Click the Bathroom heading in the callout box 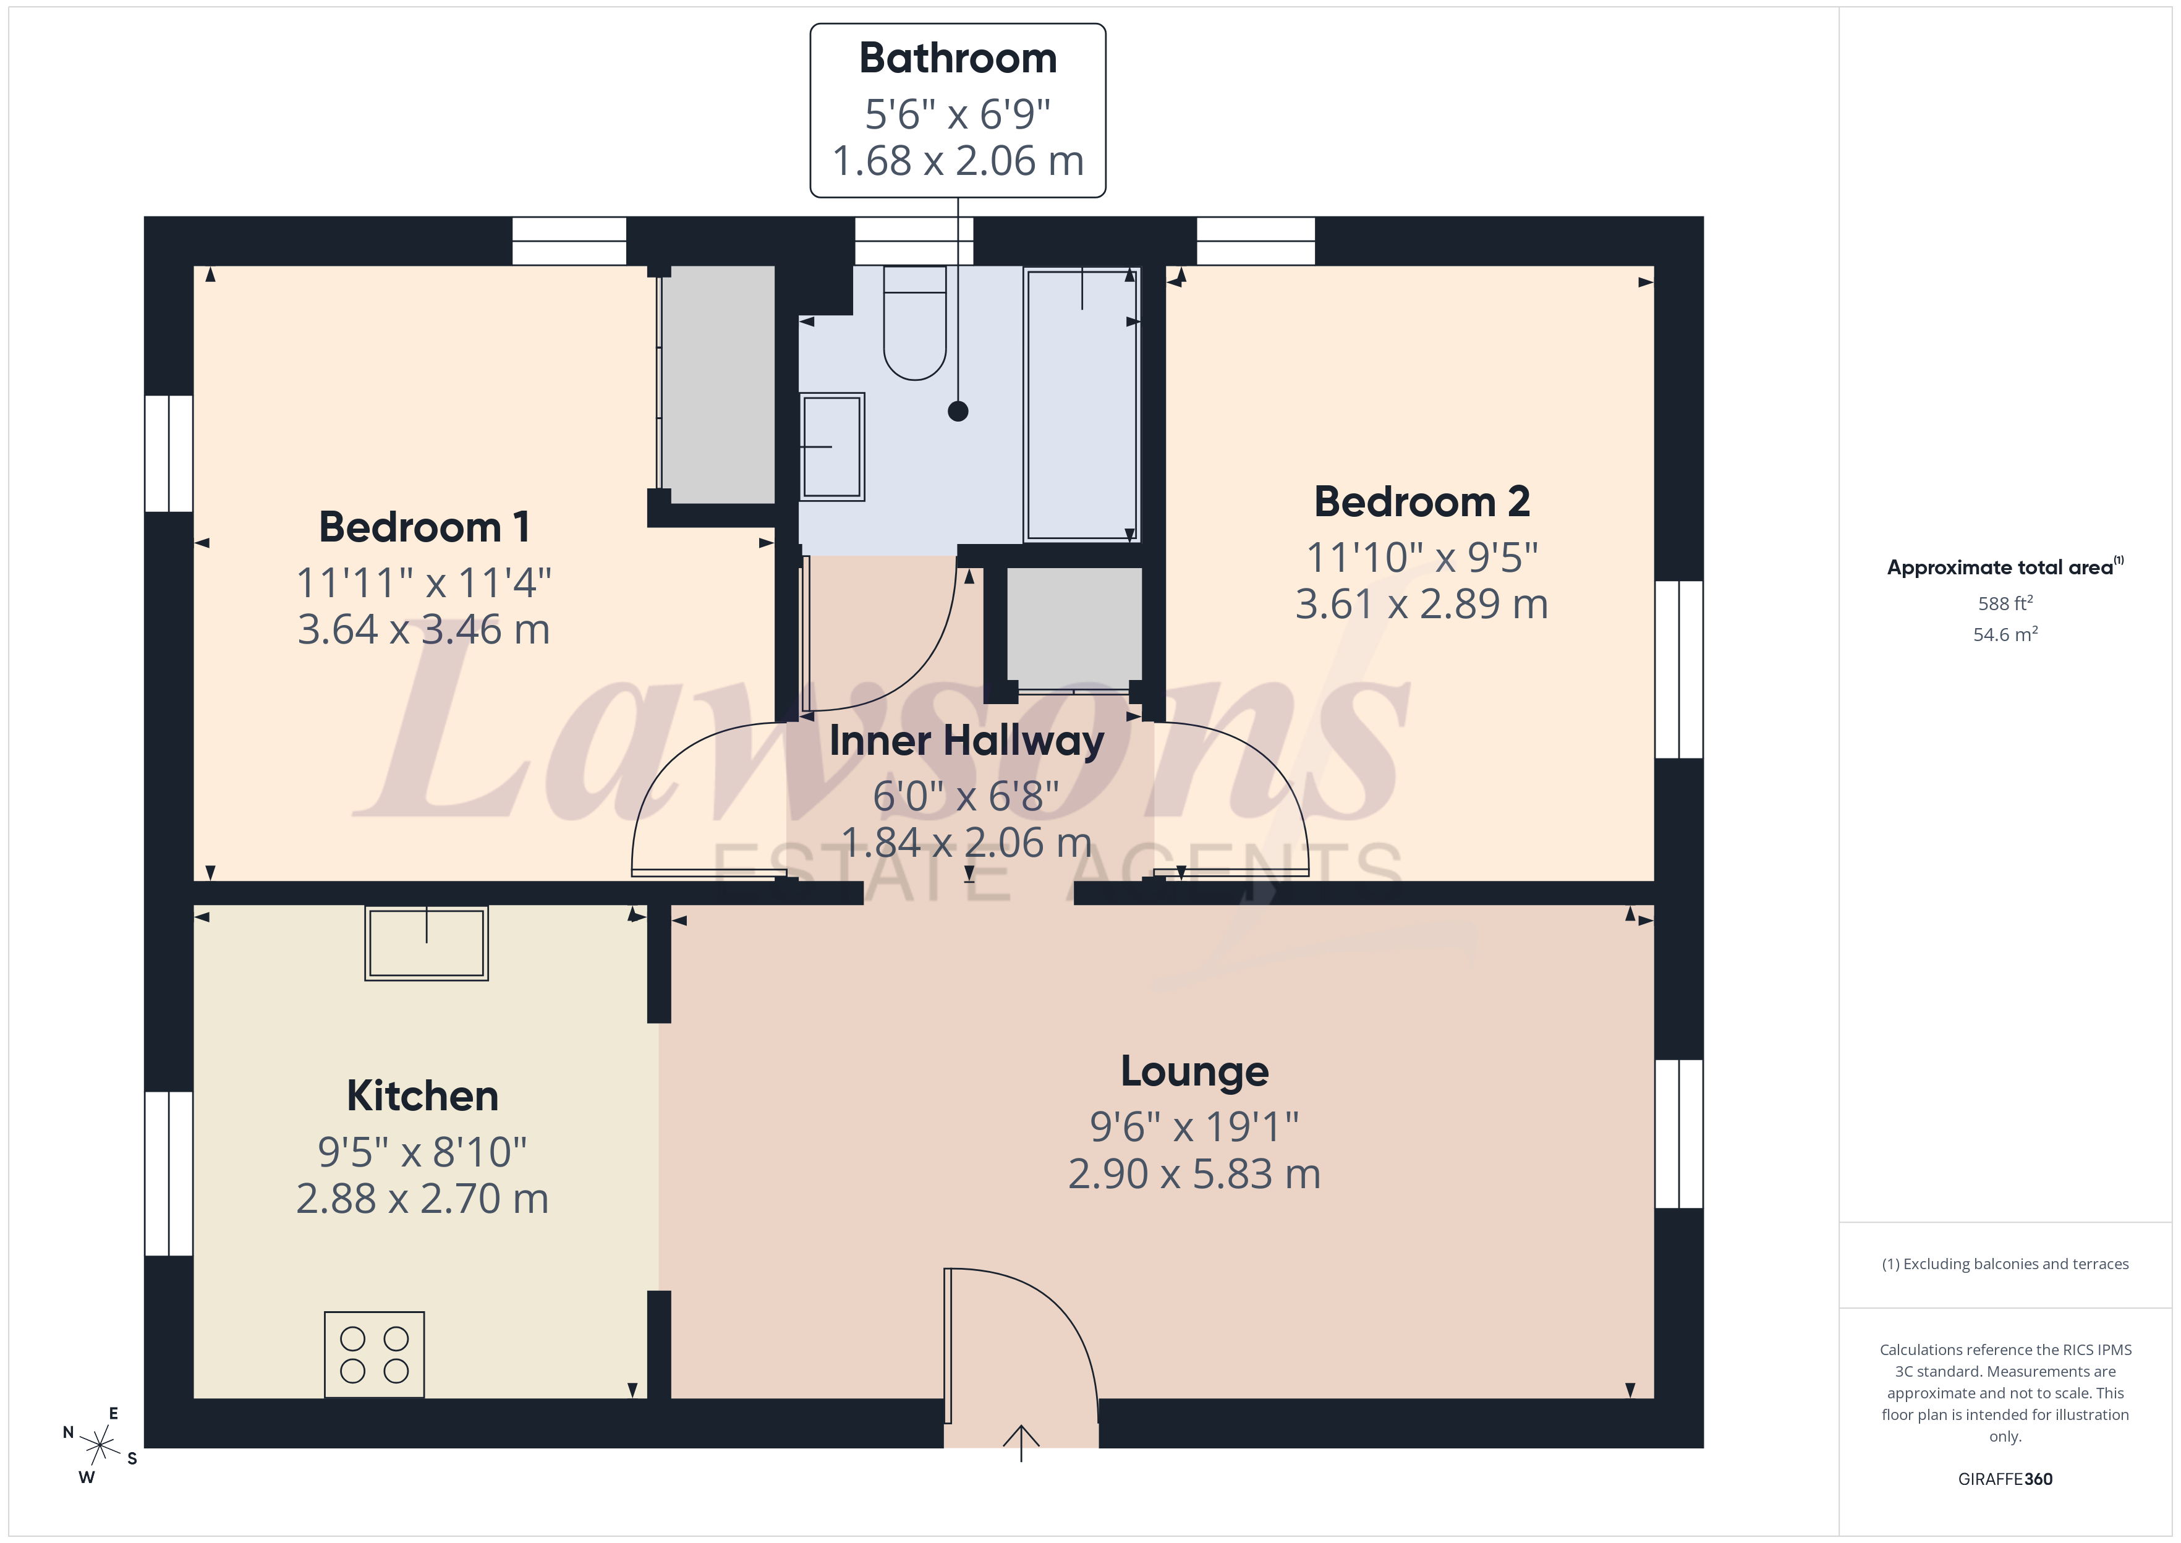[958, 59]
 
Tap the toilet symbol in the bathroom [915, 328]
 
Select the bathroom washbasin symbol [832, 446]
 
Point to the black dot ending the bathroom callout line [958, 411]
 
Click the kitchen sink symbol [427, 943]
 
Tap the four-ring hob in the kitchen [374, 1354]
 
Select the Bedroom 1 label [423, 527]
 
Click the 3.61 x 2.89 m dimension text [1421, 604]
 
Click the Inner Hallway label [966, 741]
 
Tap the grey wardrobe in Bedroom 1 [718, 385]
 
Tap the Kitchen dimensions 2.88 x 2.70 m [423, 1199]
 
